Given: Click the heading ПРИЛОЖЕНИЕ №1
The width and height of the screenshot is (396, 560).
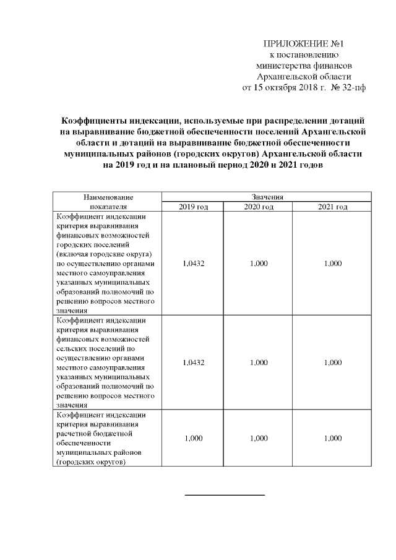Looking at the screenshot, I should click(303, 44).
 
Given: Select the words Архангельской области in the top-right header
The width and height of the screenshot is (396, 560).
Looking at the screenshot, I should click(303, 76).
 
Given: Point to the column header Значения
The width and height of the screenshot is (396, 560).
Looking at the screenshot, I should click(266, 197).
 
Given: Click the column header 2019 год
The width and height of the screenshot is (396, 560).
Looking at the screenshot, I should click(194, 207).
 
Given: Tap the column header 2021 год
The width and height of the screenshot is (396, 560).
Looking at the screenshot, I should click(332, 207).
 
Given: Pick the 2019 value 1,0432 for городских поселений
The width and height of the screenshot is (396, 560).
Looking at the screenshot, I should click(194, 264).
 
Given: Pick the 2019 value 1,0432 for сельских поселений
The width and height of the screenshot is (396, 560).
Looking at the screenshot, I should click(194, 363).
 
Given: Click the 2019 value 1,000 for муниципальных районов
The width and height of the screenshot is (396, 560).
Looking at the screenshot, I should click(194, 438).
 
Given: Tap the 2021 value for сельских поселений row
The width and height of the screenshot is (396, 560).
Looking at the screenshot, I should click(332, 363).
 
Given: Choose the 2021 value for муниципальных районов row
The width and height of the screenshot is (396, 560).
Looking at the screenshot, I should click(332, 438).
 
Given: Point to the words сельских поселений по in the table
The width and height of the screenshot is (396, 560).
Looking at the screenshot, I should click(97, 348).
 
